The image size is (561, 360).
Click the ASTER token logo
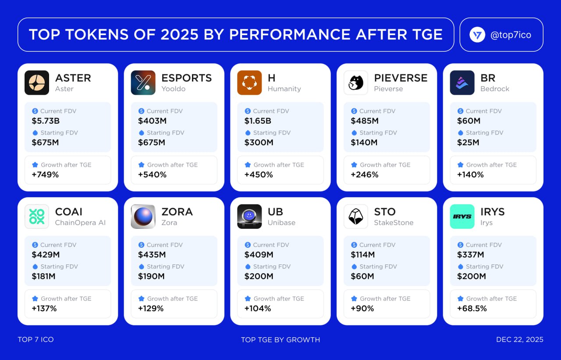37,83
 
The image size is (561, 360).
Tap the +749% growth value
45,175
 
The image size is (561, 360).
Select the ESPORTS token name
186,78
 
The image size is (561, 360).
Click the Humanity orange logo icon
249,83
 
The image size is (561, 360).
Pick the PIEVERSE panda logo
356,83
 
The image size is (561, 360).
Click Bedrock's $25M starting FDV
468,143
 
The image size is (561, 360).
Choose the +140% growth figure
470,175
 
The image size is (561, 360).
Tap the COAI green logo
37,217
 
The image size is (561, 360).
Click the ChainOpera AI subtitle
80,223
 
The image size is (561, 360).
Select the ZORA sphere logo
143,217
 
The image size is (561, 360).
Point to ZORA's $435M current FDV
152,254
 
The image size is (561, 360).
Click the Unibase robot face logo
249,217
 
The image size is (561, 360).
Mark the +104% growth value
258,308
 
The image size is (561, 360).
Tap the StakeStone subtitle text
394,223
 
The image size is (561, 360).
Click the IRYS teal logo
462,217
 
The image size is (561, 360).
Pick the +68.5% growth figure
472,308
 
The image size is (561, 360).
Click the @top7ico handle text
511,35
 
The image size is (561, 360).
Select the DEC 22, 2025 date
519,339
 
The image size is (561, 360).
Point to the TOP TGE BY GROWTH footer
280,339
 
